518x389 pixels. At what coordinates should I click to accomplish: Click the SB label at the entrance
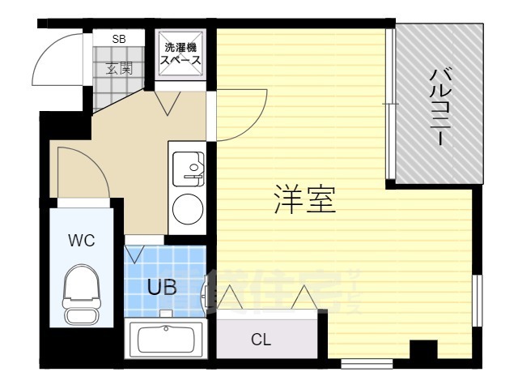tap(119, 38)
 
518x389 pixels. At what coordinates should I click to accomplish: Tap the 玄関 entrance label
tap(119, 68)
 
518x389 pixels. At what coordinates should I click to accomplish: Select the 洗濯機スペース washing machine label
tap(180, 54)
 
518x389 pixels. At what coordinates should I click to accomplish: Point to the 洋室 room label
tap(304, 199)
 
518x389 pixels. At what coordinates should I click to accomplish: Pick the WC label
tap(81, 240)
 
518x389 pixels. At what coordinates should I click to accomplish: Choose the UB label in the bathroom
tap(162, 286)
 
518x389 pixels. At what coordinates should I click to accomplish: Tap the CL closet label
tap(261, 340)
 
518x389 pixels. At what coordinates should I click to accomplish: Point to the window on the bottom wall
tap(366, 361)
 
